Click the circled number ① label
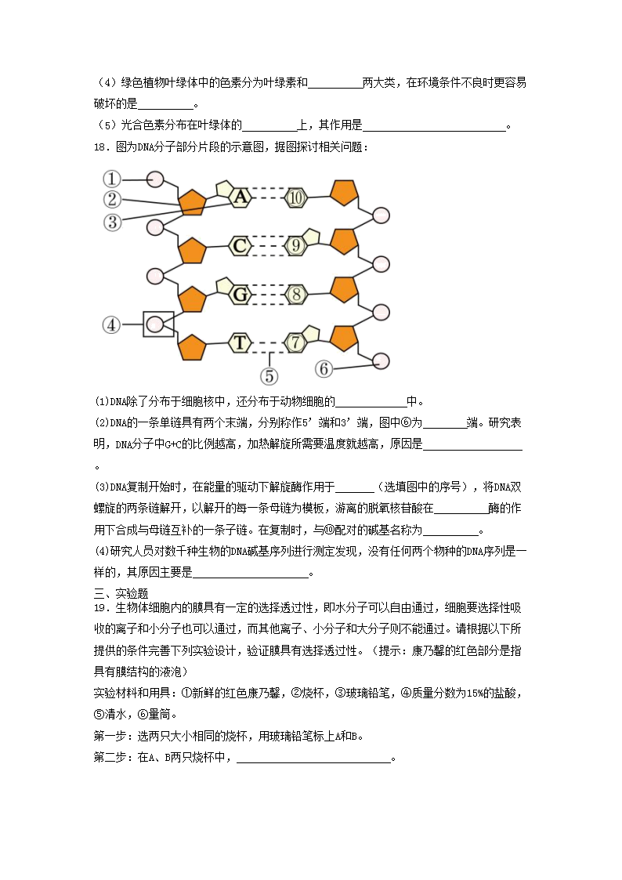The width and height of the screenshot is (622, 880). tap(113, 179)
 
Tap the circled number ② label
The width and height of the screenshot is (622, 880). tap(113, 200)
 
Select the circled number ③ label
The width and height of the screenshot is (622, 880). tap(113, 222)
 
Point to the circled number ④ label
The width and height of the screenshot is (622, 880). tap(113, 324)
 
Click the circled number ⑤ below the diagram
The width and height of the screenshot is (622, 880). tap(269, 376)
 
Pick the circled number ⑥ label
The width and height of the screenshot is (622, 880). tap(324, 368)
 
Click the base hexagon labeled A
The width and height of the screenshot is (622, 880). tap(240, 197)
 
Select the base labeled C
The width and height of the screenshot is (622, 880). tap(240, 246)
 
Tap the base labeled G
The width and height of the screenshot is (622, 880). tap(240, 295)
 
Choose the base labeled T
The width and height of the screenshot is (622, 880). tap(240, 342)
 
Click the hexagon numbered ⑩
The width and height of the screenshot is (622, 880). tap(295, 197)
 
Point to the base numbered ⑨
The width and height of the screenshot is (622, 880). tap(295, 246)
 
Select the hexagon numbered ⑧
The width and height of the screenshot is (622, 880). tap(295, 295)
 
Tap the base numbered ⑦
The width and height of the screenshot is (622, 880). tap(295, 342)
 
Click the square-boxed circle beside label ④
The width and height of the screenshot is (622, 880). tap(158, 324)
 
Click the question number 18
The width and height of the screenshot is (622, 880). tap(100, 147)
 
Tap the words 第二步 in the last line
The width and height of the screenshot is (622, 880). tap(110, 758)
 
